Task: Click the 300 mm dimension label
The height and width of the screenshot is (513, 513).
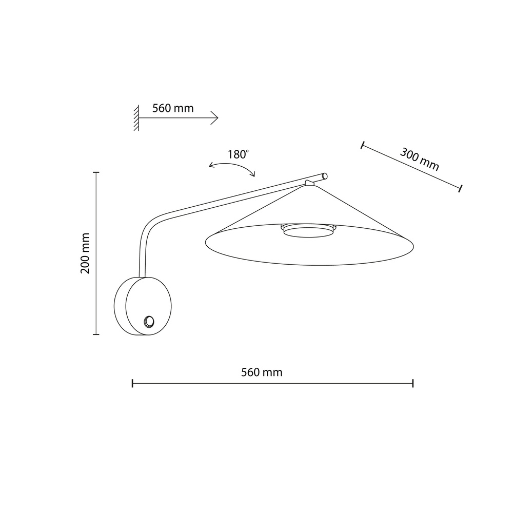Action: [x=420, y=160]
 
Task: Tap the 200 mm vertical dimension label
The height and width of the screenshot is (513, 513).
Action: [x=85, y=253]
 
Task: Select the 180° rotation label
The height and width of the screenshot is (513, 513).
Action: [x=238, y=154]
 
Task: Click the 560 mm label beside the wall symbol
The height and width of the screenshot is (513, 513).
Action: [x=173, y=108]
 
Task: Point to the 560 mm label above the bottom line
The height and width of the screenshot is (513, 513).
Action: [x=262, y=372]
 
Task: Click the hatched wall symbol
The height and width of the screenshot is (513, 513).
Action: [x=136, y=118]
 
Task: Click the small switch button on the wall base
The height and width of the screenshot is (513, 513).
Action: [x=149, y=322]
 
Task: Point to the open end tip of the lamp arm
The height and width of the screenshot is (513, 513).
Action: [x=325, y=176]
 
